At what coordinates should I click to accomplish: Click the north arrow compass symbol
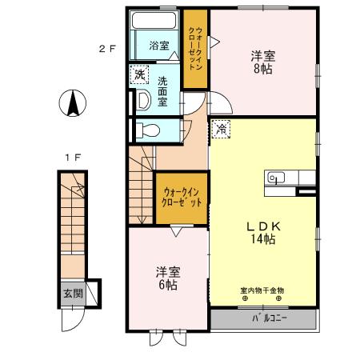click(71, 103)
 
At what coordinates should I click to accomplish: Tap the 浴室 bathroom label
click(160, 46)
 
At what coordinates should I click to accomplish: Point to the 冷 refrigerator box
click(222, 126)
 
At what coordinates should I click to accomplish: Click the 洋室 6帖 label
click(166, 278)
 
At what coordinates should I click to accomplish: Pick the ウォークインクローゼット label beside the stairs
click(182, 198)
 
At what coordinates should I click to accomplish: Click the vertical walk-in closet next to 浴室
click(194, 48)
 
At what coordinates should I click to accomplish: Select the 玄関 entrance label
click(73, 293)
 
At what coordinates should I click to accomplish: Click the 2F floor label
click(108, 48)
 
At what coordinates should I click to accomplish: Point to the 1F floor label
click(72, 157)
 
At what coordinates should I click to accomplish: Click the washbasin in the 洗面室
click(142, 99)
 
